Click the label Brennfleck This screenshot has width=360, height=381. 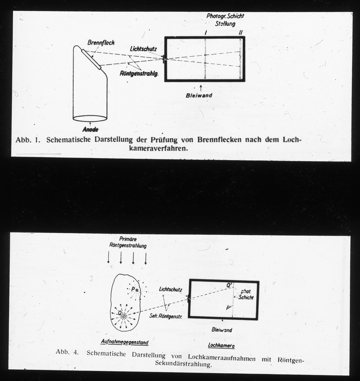[101, 43]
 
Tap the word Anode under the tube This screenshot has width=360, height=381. [90, 130]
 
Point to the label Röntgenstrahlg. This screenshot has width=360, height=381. [139, 74]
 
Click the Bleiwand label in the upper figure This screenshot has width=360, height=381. [199, 95]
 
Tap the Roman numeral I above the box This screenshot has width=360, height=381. [206, 33]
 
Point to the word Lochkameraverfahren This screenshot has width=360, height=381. [157, 148]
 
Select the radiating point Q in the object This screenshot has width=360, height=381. [123, 315]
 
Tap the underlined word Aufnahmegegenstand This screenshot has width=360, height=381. [124, 343]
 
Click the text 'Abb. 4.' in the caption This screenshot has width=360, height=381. [67, 352]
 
